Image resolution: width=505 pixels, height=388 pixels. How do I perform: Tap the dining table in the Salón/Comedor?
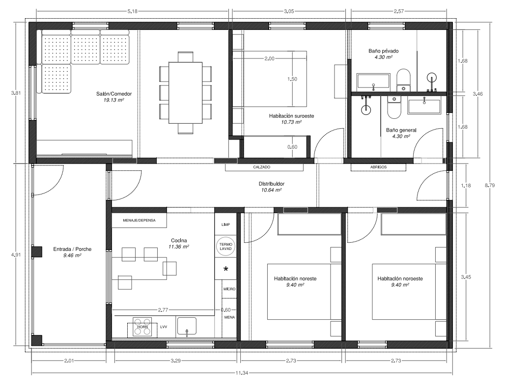click(186, 93)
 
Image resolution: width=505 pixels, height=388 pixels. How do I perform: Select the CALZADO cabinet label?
click(261, 167)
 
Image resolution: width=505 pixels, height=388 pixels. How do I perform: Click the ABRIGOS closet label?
click(378, 167)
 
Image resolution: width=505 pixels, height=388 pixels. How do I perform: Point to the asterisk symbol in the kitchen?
click(226, 269)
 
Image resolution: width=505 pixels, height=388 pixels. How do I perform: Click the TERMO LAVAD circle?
click(225, 247)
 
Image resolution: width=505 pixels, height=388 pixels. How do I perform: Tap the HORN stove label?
click(142, 327)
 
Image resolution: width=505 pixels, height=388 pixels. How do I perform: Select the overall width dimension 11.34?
click(242, 373)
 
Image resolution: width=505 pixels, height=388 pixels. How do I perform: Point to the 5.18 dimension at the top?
click(132, 11)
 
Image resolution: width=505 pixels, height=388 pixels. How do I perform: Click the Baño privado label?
click(383, 51)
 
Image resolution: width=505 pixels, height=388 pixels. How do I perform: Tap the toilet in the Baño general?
click(393, 107)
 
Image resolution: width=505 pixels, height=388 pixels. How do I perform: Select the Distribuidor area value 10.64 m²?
click(272, 190)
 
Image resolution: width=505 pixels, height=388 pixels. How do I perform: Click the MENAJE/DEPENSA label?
click(139, 221)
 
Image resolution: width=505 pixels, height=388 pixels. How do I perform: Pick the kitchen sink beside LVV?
click(187, 327)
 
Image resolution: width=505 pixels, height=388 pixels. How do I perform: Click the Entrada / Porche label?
click(72, 249)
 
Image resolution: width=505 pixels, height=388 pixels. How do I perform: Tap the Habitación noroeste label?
click(400, 278)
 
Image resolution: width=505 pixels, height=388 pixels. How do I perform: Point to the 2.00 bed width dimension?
click(269, 58)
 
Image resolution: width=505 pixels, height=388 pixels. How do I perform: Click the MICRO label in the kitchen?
click(229, 289)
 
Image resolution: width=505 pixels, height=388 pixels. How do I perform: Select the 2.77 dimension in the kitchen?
click(163, 310)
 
